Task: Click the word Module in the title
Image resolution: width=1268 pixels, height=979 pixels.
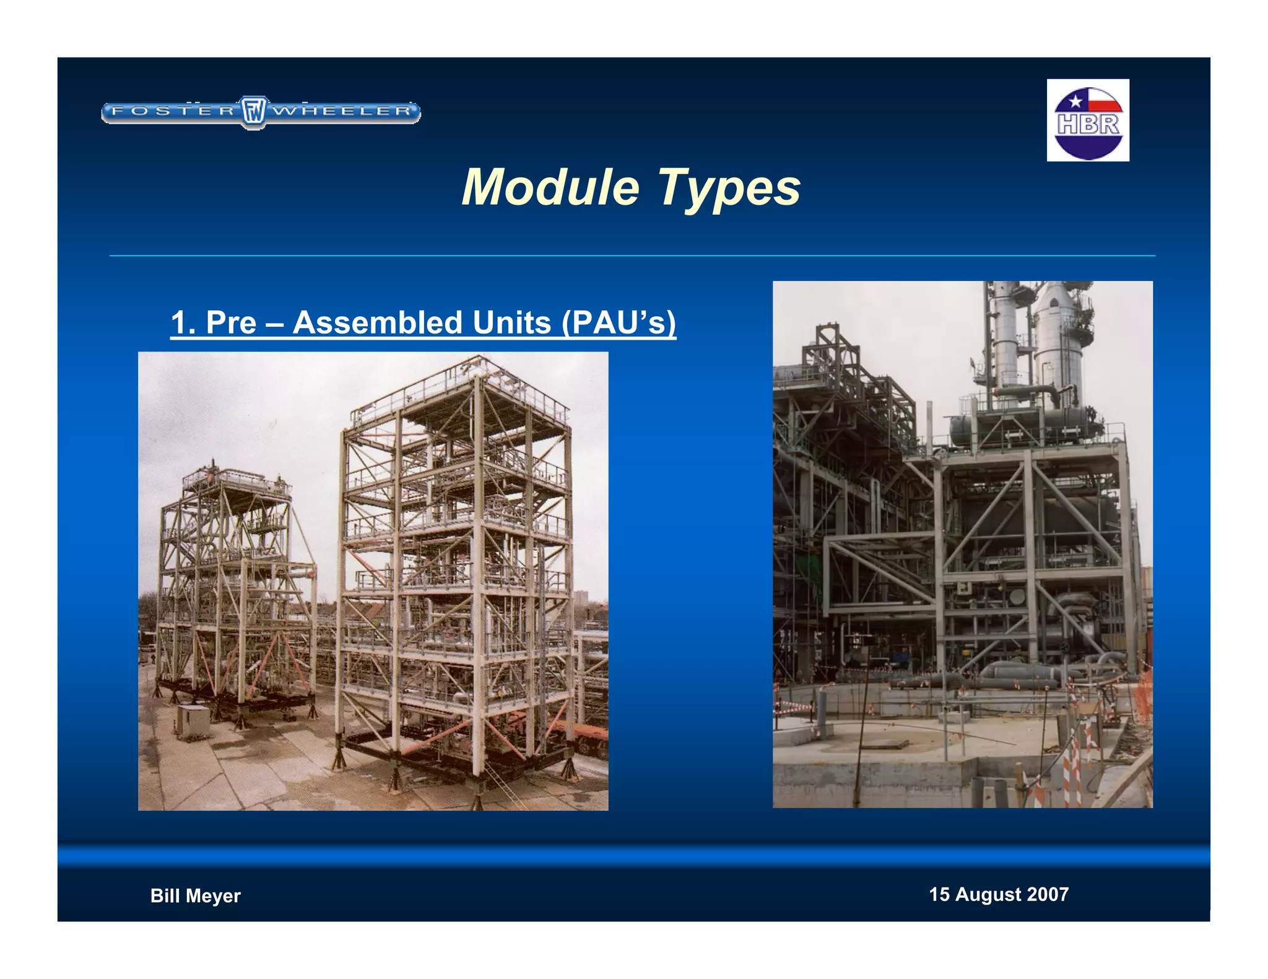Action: point(550,187)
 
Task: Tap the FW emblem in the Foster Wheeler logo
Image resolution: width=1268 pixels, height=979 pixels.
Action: point(253,112)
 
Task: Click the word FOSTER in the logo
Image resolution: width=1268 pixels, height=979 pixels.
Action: point(173,111)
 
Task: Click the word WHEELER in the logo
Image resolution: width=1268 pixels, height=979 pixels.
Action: point(342,111)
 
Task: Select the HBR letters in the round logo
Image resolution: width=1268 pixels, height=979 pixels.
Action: point(1088,124)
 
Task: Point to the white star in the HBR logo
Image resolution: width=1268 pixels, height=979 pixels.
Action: point(1075,101)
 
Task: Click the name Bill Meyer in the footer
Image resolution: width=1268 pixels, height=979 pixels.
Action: point(195,895)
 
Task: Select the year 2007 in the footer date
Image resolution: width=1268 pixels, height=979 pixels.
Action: point(1048,894)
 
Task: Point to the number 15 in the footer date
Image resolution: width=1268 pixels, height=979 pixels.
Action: point(939,894)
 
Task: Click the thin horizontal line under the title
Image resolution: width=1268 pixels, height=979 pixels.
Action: point(632,255)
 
